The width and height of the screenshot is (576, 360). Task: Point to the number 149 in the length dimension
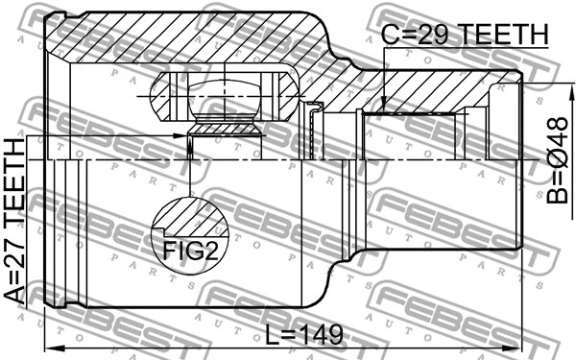(x=322, y=335)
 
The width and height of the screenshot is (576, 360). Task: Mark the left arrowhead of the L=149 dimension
(x=53, y=346)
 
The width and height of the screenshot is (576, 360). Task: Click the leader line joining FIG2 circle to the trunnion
(x=191, y=173)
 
